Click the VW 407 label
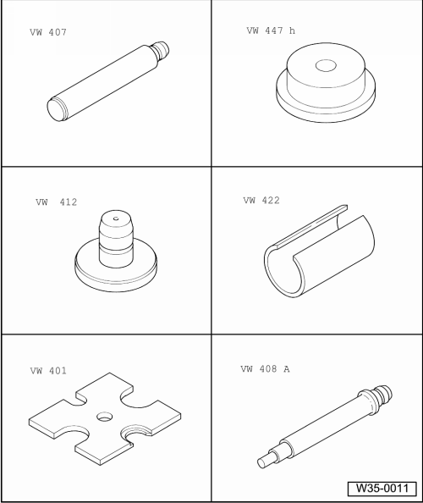point(48,32)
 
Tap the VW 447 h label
point(271,30)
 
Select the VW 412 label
point(57,202)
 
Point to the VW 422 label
point(261,201)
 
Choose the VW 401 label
point(48,371)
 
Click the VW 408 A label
point(265,369)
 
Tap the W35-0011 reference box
point(382,489)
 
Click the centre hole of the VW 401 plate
point(104,417)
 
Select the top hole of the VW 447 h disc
point(326,65)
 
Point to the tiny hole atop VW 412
point(116,218)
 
